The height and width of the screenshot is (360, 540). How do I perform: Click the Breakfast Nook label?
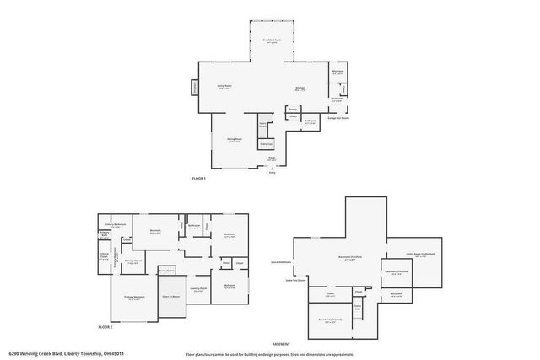271,40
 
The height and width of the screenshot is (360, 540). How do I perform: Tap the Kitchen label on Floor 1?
300,89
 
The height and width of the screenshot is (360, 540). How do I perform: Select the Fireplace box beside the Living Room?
195,87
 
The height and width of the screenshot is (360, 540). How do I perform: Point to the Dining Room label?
234,140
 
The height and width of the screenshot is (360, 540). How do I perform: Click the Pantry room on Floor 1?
293,109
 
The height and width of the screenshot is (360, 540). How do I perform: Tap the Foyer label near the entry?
272,158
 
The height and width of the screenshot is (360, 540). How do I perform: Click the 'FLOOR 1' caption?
198,179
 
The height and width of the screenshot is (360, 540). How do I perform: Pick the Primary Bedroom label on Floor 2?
134,298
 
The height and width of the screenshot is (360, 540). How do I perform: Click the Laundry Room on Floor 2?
197,290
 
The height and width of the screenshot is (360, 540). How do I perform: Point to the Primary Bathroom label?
115,224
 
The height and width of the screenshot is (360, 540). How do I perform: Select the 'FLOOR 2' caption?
105,325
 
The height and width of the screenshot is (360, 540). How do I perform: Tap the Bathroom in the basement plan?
397,294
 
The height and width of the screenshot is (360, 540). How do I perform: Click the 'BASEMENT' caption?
281,344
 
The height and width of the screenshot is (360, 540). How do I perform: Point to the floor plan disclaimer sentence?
278,354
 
